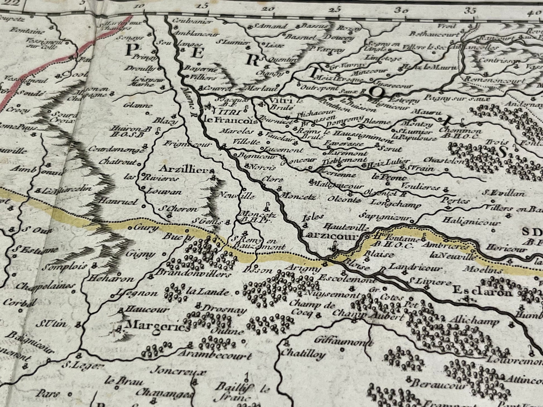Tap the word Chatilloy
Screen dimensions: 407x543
point(303,354)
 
